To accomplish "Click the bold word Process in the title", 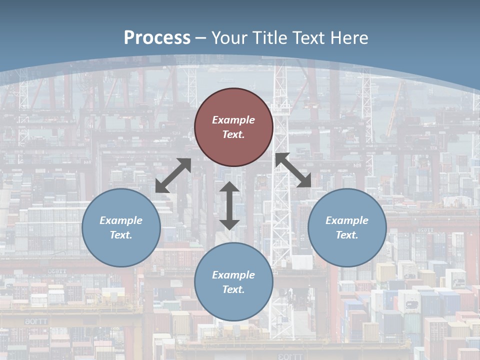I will point(157,38).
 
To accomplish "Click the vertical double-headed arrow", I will point(229,205).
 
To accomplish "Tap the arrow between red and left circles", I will point(173,175).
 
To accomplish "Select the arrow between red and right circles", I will point(293,170).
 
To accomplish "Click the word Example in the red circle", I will point(233,120).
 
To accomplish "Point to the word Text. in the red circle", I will point(233,134).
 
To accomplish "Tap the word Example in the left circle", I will point(121,220).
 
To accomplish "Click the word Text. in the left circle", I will point(121,235).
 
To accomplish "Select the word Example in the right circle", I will point(347,220).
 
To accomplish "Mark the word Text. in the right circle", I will point(347,235).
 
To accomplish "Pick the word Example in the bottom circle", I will point(233,275).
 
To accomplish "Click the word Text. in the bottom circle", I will point(233,289).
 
